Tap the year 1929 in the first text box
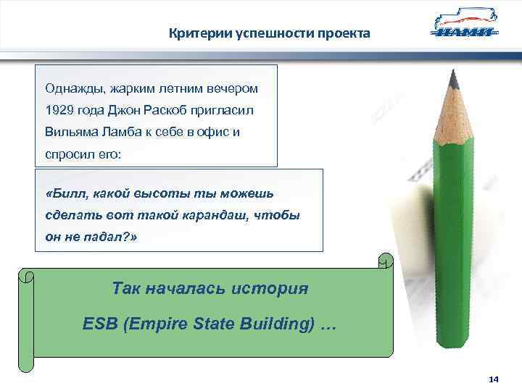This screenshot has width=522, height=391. click(59, 111)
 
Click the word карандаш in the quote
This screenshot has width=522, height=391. click(222, 215)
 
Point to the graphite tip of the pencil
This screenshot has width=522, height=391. click(453, 75)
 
